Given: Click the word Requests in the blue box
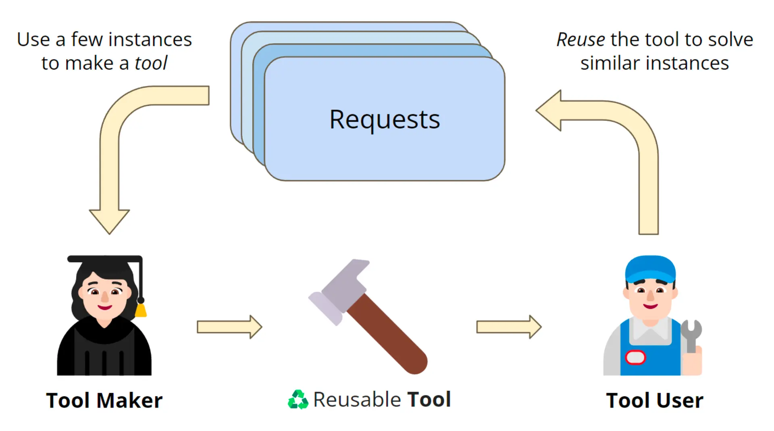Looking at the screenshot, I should [385, 120].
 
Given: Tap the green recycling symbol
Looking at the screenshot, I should [298, 400].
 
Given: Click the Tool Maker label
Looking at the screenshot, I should [104, 400].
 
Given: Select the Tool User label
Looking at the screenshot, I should [655, 400].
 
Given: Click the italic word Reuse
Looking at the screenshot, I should [580, 40].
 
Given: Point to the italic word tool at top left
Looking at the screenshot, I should [151, 63].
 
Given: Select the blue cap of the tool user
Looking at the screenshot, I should [650, 268].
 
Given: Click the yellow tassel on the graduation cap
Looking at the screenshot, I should [140, 310].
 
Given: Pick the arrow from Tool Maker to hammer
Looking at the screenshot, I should [229, 327].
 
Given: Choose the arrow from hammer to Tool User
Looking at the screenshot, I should [509, 327].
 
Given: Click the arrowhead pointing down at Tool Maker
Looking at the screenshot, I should [109, 220].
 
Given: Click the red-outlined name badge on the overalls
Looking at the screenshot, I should [635, 357].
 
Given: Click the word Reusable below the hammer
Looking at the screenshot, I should [357, 400].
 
